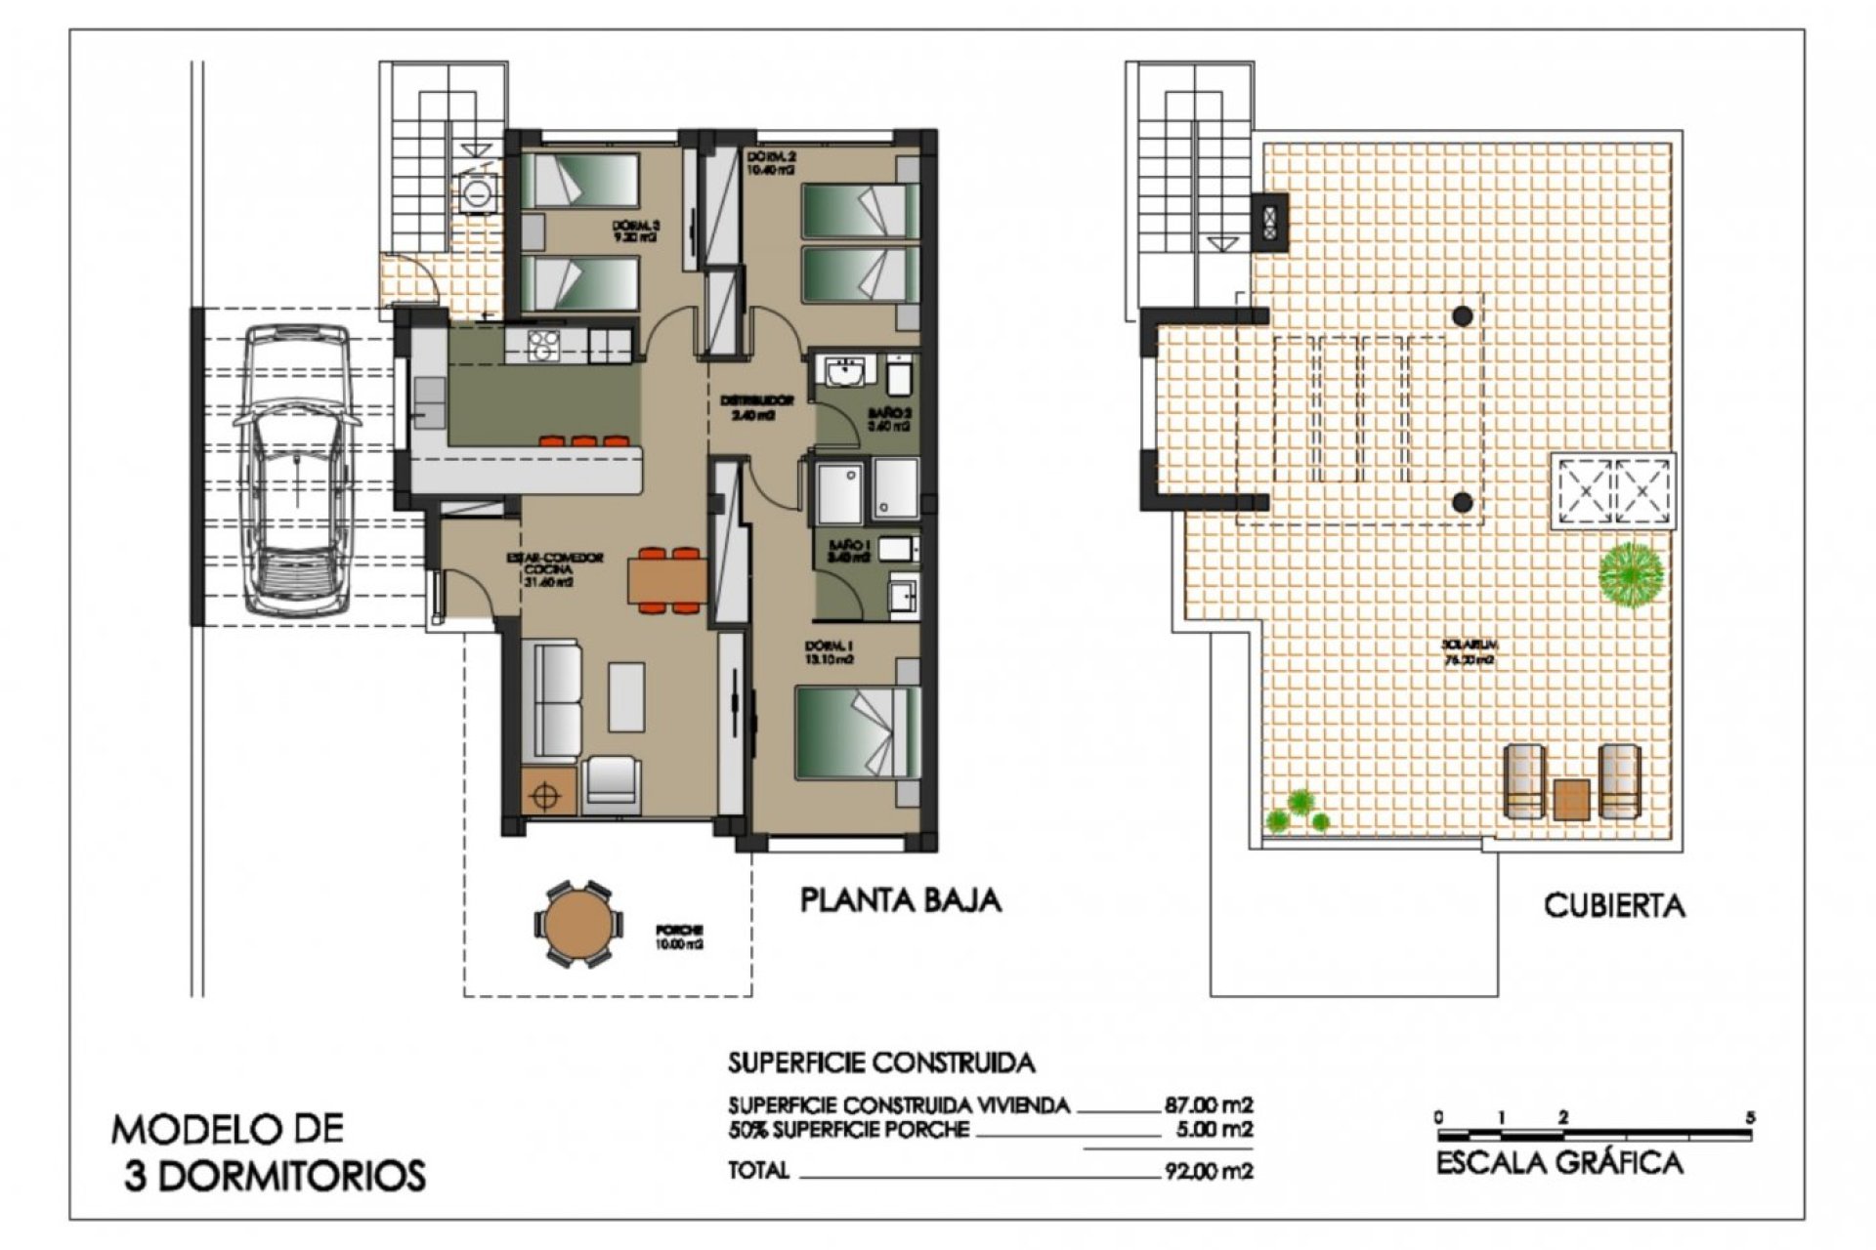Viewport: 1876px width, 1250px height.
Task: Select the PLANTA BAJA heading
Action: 901,899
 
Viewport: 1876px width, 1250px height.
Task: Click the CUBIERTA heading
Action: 1614,905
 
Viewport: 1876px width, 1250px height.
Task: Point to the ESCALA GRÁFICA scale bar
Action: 1594,1136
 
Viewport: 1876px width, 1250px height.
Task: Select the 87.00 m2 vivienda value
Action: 1209,1105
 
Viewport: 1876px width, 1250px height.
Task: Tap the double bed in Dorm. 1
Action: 857,732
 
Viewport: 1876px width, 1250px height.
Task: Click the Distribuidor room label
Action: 757,407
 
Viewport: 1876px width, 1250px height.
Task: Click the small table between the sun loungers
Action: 1571,799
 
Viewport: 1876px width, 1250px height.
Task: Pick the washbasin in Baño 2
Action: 844,372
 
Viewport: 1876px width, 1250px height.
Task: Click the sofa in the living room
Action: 552,698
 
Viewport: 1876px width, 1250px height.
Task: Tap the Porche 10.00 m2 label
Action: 681,937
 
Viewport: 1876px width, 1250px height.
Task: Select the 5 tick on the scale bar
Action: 1750,1118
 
